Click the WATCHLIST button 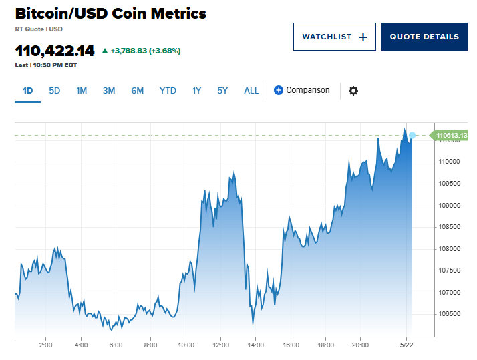click(334, 37)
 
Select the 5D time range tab click(55, 91)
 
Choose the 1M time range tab click(82, 91)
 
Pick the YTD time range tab click(168, 91)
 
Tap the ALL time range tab click(251, 91)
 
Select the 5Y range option click(222, 91)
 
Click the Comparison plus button click(279, 90)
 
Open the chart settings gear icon click(353, 91)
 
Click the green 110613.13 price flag click(451, 136)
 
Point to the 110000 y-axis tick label click(449, 162)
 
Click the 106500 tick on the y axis click(449, 314)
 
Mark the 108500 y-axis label click(449, 227)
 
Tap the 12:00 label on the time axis click(220, 345)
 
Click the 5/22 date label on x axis click(407, 345)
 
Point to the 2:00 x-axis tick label click(46, 345)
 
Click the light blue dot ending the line click(412, 136)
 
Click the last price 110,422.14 click(55, 51)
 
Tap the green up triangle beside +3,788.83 click(104, 51)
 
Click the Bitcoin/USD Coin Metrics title click(110, 14)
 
